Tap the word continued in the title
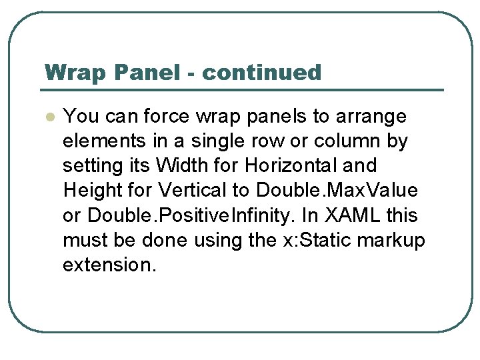pos(261,72)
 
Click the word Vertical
pos(193,190)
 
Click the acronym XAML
pos(344,215)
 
